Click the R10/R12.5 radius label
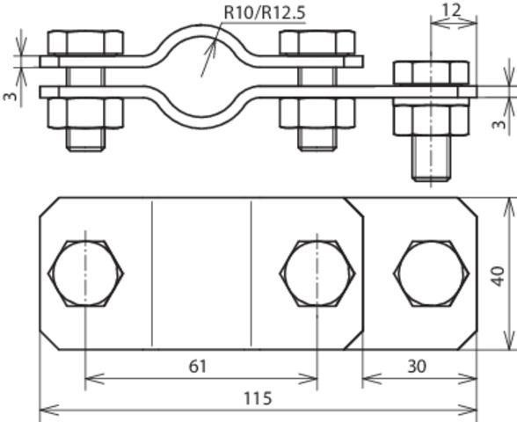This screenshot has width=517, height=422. click(x=265, y=12)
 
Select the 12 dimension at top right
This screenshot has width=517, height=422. click(x=451, y=11)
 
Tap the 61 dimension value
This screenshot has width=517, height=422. click(x=198, y=367)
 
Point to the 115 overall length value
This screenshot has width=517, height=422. click(x=258, y=398)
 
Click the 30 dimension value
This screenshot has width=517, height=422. click(x=417, y=367)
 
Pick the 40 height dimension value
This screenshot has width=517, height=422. click(x=498, y=276)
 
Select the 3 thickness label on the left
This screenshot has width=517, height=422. click(x=11, y=97)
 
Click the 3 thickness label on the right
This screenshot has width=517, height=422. click(x=499, y=124)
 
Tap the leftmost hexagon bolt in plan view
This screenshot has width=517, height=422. click(x=86, y=273)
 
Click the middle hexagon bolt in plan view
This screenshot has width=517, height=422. click(x=317, y=273)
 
